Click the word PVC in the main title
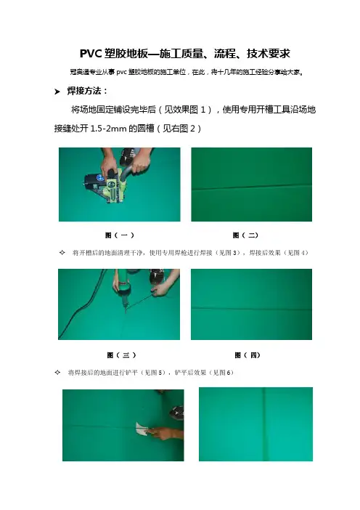(x=91, y=53)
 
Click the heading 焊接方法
(x=84, y=91)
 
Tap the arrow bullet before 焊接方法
(x=57, y=92)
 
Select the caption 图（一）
(x=120, y=235)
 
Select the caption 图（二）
(x=245, y=235)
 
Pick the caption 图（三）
(x=121, y=355)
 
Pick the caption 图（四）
(x=247, y=355)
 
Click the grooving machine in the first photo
(x=105, y=185)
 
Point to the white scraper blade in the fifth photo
(x=142, y=429)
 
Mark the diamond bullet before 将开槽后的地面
(x=62, y=252)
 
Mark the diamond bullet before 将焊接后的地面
(x=57, y=373)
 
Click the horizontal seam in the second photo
(x=251, y=187)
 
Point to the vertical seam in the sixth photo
(x=265, y=424)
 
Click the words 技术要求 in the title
(x=269, y=53)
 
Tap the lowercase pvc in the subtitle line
(x=121, y=72)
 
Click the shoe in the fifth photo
(x=177, y=413)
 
